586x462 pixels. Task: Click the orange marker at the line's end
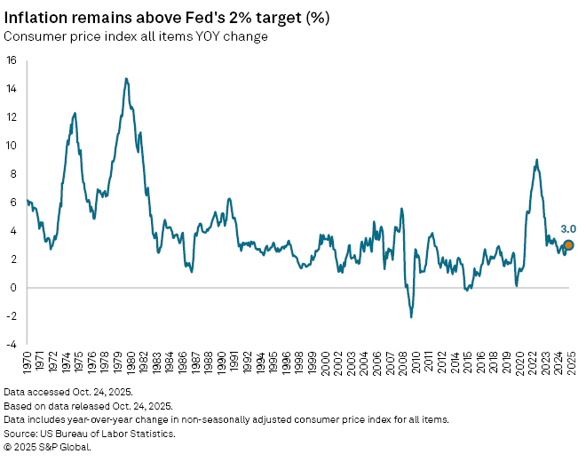point(568,245)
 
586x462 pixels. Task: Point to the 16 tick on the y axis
point(12,60)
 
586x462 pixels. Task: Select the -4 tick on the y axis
point(11,344)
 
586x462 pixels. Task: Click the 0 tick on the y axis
point(14,287)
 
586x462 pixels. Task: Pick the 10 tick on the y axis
point(12,146)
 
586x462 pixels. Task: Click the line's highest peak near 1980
point(126,78)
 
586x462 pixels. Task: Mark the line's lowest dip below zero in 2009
point(411,317)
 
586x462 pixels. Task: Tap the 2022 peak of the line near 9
point(536,160)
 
